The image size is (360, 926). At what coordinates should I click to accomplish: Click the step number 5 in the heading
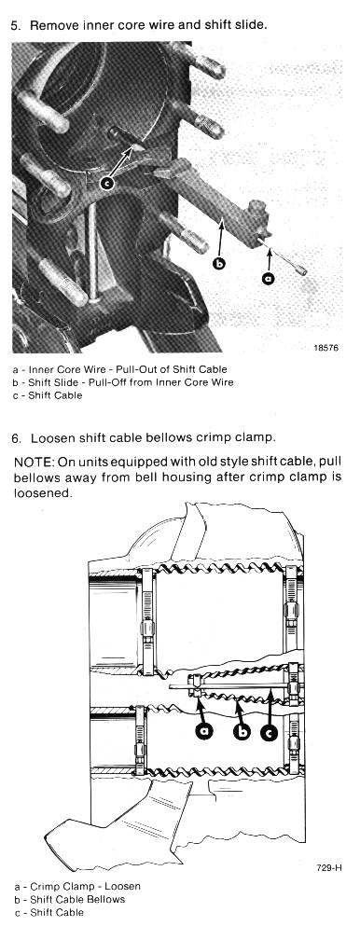15,26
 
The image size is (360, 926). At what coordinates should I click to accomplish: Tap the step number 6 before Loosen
15,439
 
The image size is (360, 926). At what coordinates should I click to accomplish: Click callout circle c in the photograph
107,184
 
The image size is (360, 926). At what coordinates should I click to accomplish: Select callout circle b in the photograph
219,264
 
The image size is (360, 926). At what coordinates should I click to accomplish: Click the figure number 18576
326,348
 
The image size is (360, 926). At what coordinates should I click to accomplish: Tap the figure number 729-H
328,867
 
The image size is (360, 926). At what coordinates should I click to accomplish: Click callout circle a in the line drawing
205,731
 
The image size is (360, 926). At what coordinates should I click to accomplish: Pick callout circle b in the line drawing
241,732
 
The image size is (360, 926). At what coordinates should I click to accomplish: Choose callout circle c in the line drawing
269,732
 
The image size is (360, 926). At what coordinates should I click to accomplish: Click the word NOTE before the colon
27,462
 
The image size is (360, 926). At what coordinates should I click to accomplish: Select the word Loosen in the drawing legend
125,887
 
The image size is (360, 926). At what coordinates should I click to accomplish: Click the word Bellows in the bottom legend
109,900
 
